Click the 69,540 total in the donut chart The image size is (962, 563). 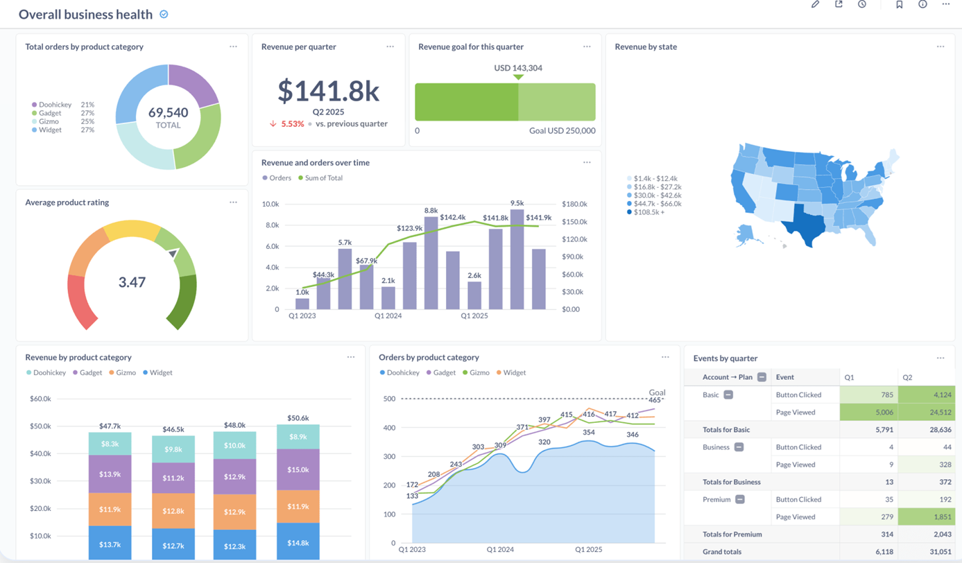[168, 113]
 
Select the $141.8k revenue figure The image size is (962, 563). [328, 91]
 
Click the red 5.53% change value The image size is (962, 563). [292, 124]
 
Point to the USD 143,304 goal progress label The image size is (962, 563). [518, 68]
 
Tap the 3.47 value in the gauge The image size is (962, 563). [132, 282]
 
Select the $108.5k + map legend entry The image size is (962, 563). [649, 212]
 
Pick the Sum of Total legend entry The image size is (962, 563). [323, 178]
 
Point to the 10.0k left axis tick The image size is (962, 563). [270, 205]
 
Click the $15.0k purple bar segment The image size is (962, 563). [298, 469]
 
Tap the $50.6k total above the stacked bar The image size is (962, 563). [298, 418]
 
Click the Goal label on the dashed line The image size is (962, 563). [656, 392]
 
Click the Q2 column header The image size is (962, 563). [907, 377]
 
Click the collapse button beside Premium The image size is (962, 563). [740, 499]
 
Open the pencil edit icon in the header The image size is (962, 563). [815, 5]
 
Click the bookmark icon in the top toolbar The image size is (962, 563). [899, 5]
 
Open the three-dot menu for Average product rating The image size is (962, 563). [233, 202]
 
